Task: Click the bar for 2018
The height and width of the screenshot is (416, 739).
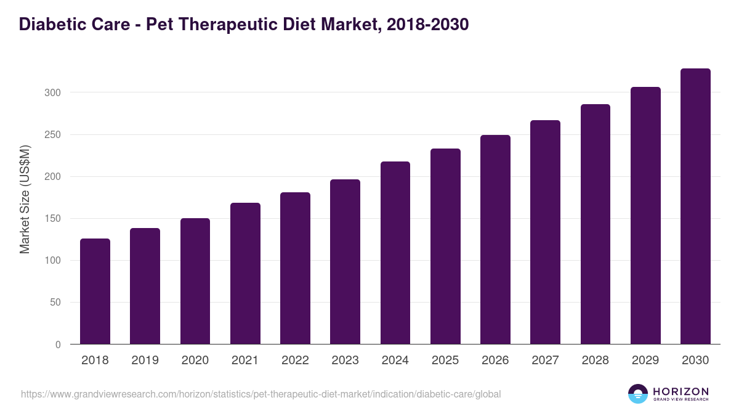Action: pyautogui.click(x=95, y=291)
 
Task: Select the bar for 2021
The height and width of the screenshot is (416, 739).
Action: pyautogui.click(x=245, y=273)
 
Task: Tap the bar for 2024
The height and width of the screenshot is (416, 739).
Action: pyautogui.click(x=395, y=253)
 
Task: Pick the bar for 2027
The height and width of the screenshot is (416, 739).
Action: pyautogui.click(x=545, y=232)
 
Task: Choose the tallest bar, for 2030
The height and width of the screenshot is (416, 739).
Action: pyautogui.click(x=695, y=206)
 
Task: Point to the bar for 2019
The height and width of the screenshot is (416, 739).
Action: pyautogui.click(x=145, y=286)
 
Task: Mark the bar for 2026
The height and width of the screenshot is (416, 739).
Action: pyautogui.click(x=495, y=239)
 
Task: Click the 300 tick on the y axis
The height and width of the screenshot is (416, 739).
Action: pyautogui.click(x=52, y=92)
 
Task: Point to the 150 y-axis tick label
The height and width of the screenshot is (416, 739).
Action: pyautogui.click(x=52, y=219)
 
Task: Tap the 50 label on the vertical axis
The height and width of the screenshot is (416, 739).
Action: pyautogui.click(x=55, y=303)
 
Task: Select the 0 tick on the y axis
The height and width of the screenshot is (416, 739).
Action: pyautogui.click(x=58, y=345)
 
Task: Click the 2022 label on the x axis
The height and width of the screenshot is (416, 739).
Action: pyautogui.click(x=295, y=361)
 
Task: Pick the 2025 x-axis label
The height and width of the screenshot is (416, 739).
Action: pyautogui.click(x=445, y=361)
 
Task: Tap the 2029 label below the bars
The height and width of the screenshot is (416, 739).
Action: pyautogui.click(x=645, y=361)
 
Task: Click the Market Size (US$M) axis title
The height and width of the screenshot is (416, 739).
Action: pyautogui.click(x=25, y=199)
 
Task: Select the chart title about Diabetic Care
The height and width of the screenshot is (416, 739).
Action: pyautogui.click(x=244, y=24)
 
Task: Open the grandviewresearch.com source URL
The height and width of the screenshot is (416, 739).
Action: pyautogui.click(x=261, y=394)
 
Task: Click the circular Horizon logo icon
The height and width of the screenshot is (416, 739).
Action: pyautogui.click(x=638, y=394)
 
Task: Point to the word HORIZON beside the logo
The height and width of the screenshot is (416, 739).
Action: pyautogui.click(x=680, y=391)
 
